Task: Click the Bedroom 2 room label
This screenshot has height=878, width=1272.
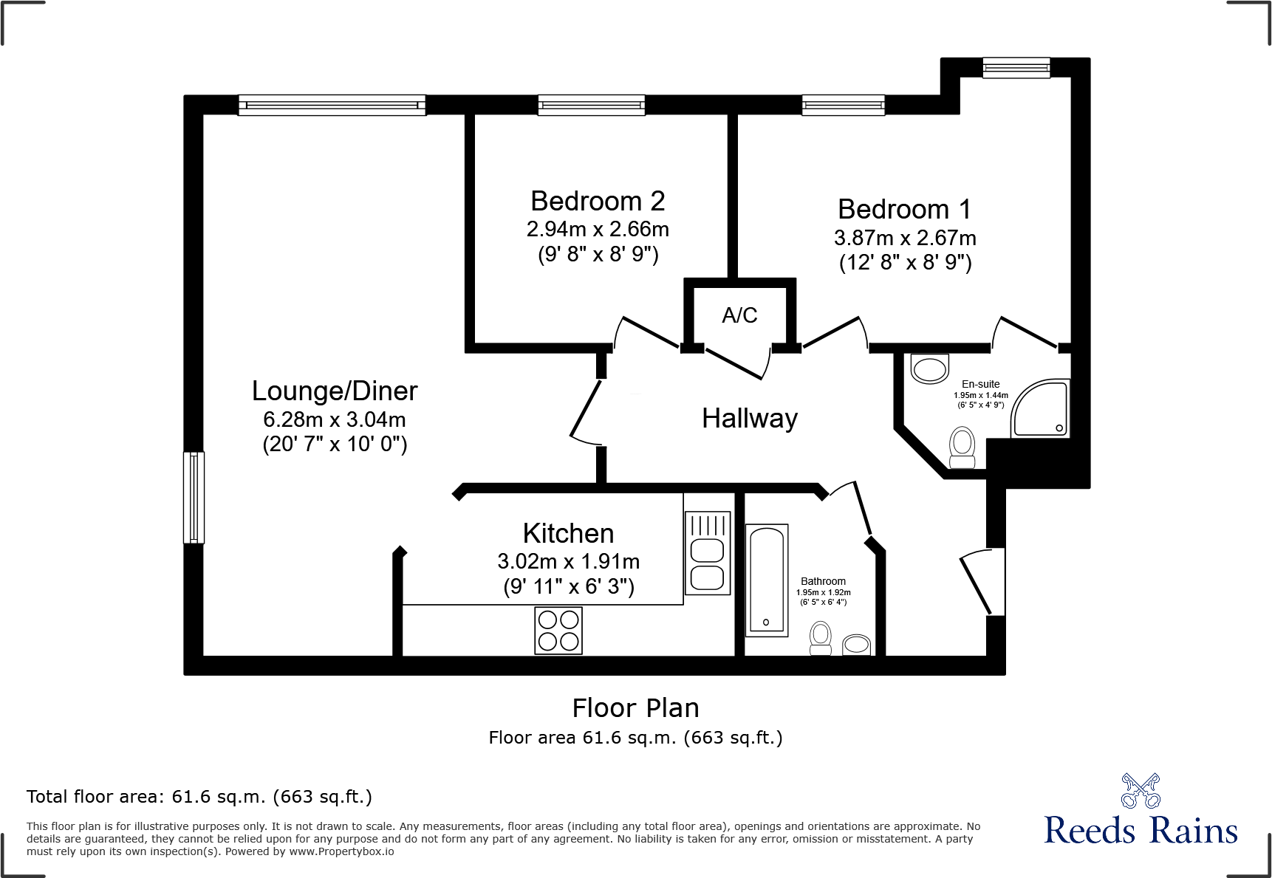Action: click(x=598, y=202)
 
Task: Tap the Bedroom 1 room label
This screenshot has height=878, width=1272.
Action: click(x=904, y=210)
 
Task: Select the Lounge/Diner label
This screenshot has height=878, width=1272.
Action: click(x=335, y=391)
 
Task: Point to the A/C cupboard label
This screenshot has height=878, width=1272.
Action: click(x=739, y=315)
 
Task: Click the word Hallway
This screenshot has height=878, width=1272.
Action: click(x=749, y=419)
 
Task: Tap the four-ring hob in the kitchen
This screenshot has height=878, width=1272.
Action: click(x=558, y=631)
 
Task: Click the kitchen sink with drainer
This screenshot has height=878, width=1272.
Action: click(x=707, y=553)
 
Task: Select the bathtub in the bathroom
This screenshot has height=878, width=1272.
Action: click(x=767, y=580)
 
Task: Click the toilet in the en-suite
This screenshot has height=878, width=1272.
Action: click(x=962, y=447)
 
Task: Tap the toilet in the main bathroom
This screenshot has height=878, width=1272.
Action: click(x=821, y=638)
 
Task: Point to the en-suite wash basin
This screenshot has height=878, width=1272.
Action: click(x=929, y=368)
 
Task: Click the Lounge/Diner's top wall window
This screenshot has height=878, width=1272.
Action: click(x=332, y=106)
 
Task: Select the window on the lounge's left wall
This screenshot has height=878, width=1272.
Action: click(x=194, y=498)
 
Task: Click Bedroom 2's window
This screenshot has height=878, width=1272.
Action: click(x=591, y=106)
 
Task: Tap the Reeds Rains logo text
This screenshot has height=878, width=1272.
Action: click(x=1141, y=831)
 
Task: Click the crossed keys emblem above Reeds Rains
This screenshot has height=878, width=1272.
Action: click(x=1141, y=792)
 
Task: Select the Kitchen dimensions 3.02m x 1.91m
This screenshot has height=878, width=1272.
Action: click(x=568, y=562)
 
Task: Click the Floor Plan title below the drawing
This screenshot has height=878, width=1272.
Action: click(x=635, y=708)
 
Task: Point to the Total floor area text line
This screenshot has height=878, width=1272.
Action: click(x=199, y=797)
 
